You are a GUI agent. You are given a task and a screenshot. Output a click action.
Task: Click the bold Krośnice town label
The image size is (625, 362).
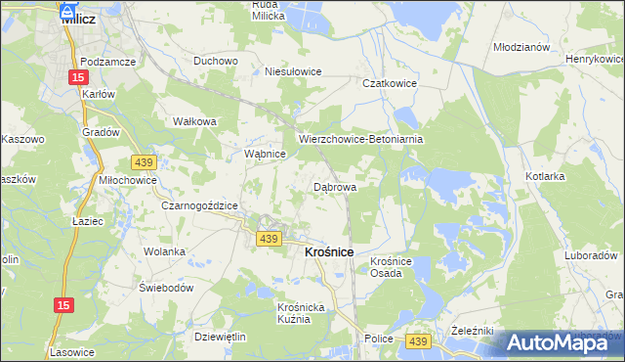click(321, 251)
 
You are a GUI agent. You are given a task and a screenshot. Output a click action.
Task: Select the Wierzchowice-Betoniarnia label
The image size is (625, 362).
click(360, 139)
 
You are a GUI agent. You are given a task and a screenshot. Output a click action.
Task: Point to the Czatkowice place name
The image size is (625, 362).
click(390, 84)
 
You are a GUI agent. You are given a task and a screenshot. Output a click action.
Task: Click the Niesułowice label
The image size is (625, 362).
click(293, 71)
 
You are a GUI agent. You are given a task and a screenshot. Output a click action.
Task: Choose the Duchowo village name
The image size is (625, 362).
click(216, 61)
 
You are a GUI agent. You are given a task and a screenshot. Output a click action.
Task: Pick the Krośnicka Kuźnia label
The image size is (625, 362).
click(294, 313)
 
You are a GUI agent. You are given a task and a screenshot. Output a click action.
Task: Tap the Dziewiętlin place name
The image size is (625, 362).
click(220, 336)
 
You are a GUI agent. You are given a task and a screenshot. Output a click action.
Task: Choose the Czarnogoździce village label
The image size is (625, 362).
click(200, 205)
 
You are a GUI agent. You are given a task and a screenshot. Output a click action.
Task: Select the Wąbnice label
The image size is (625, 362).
click(264, 155)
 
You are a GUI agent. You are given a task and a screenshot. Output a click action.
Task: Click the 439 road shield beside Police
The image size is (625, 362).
click(417, 339)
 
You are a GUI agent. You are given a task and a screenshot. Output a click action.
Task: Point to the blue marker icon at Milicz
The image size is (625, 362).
click(67, 11)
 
